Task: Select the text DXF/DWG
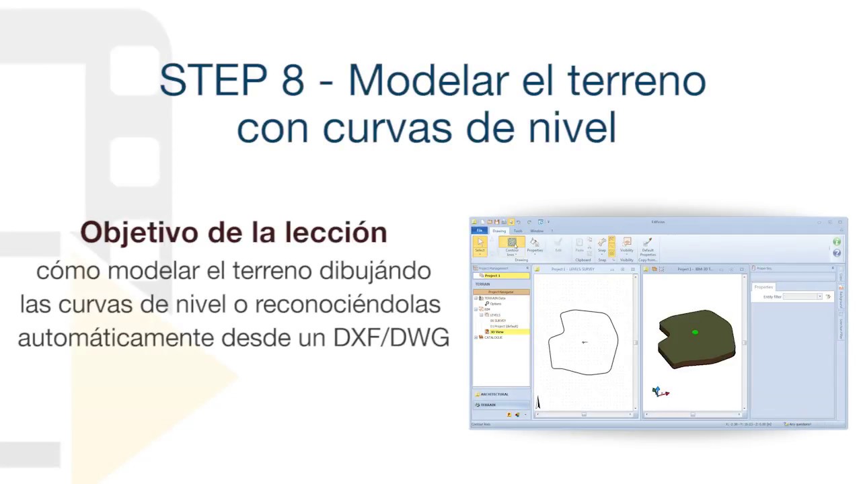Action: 391,337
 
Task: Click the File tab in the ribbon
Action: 480,231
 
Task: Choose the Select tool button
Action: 480,245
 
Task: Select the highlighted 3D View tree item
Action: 497,332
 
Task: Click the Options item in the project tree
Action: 495,304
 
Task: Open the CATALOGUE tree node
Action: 493,337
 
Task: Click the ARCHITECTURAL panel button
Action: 494,394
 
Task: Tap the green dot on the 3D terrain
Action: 695,332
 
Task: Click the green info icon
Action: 837,242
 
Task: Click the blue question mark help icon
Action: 837,253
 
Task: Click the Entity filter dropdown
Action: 802,296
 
